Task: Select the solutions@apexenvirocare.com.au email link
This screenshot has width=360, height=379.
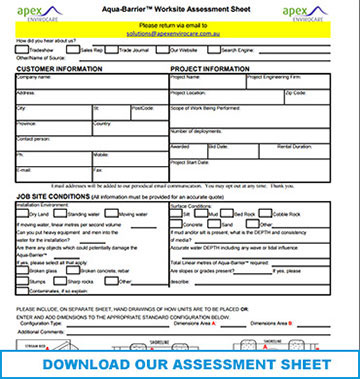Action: [180, 32]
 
